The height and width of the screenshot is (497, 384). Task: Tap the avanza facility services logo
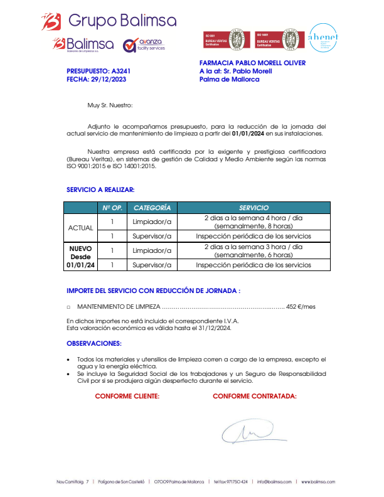tap(144, 45)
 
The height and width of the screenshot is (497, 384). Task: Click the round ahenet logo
tap(323, 39)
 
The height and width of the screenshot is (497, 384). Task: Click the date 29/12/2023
tap(104, 80)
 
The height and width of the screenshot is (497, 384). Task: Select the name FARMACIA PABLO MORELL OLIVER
tap(252, 63)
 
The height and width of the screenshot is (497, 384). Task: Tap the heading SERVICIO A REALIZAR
tap(100, 189)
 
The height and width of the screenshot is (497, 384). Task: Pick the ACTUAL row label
tap(80, 227)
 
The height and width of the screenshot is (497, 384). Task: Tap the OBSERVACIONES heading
tap(94, 343)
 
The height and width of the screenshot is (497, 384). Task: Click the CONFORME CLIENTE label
tap(127, 396)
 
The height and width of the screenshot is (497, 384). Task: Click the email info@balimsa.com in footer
tap(274, 482)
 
